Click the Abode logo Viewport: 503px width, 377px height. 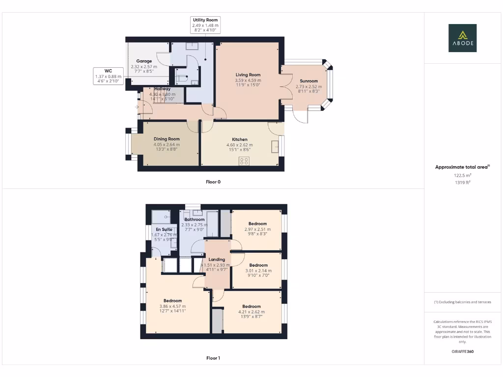[x=462, y=38]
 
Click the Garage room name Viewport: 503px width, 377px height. [x=144, y=61]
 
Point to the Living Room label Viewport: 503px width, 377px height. [x=248, y=75]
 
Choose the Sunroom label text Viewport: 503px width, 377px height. [x=308, y=81]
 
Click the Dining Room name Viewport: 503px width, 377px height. [x=167, y=139]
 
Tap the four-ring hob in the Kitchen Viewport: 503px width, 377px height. [x=244, y=161]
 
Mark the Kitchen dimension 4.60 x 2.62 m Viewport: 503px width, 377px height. [x=239, y=145]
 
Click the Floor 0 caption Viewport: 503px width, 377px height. [x=213, y=182]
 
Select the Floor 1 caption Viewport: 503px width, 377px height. [x=213, y=358]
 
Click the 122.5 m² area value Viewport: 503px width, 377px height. [x=462, y=175]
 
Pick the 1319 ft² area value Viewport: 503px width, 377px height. [x=462, y=182]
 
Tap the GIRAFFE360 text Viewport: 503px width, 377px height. [x=462, y=351]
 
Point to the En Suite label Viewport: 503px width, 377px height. [x=164, y=229]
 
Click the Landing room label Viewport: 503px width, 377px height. [x=217, y=259]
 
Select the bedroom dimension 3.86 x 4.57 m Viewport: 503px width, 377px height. [x=172, y=306]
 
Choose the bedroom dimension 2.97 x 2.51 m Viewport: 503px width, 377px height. [x=257, y=229]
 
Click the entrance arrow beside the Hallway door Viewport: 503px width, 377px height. [x=137, y=107]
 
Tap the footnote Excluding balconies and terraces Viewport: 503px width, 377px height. [x=462, y=302]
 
